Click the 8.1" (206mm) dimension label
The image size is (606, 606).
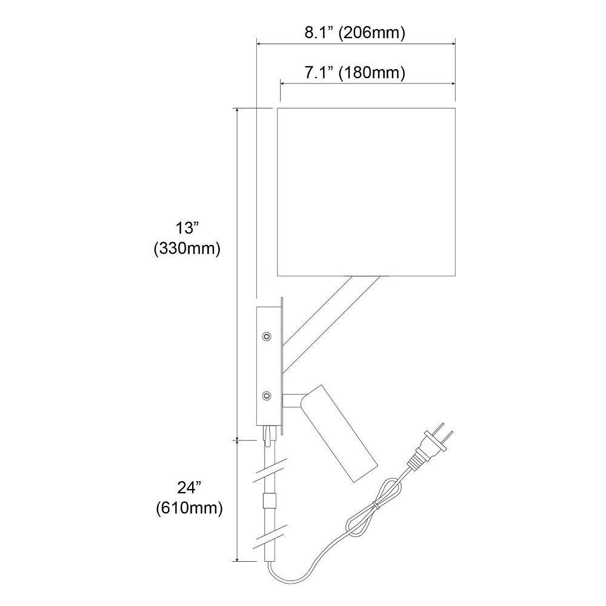tap(355, 33)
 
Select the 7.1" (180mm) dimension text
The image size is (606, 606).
tap(355, 72)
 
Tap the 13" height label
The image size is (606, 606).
tap(187, 228)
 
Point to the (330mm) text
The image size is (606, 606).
tap(187, 248)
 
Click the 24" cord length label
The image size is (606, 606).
tap(189, 488)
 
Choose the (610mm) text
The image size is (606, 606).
tap(189, 508)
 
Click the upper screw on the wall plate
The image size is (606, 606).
tap(266, 336)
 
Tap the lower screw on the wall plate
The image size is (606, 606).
tap(266, 395)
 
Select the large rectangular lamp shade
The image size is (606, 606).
tap(366, 192)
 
